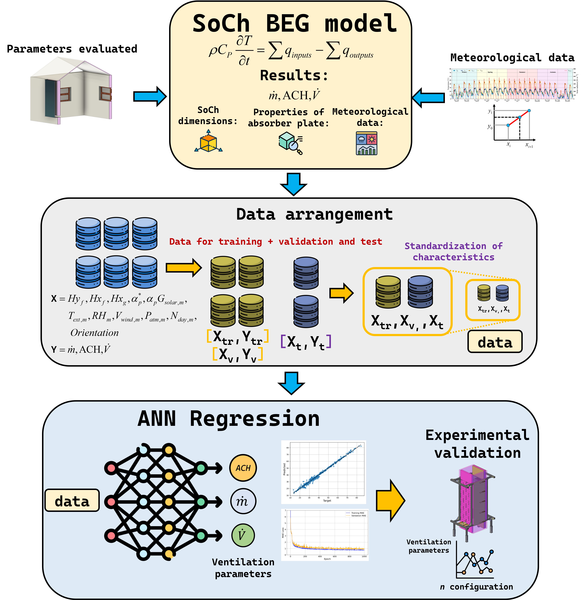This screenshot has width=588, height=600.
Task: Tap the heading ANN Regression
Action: point(228,419)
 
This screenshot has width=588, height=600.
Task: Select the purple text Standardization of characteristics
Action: point(453,251)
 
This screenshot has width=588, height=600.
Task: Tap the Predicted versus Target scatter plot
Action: point(324,472)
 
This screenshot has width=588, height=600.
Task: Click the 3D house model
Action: point(71,90)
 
